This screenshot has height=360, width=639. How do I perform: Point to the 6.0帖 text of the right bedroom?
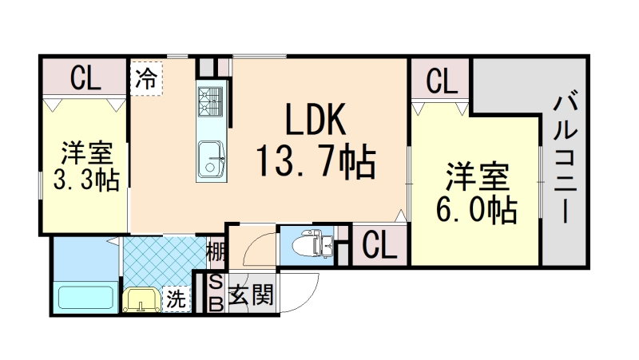(x=475, y=209)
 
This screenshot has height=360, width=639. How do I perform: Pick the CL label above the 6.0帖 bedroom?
(x=440, y=80)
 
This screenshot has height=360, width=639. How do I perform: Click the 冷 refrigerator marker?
(x=145, y=78)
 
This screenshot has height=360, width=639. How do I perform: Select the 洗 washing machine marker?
(x=177, y=299)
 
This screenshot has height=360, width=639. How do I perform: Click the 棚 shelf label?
(x=215, y=252)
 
